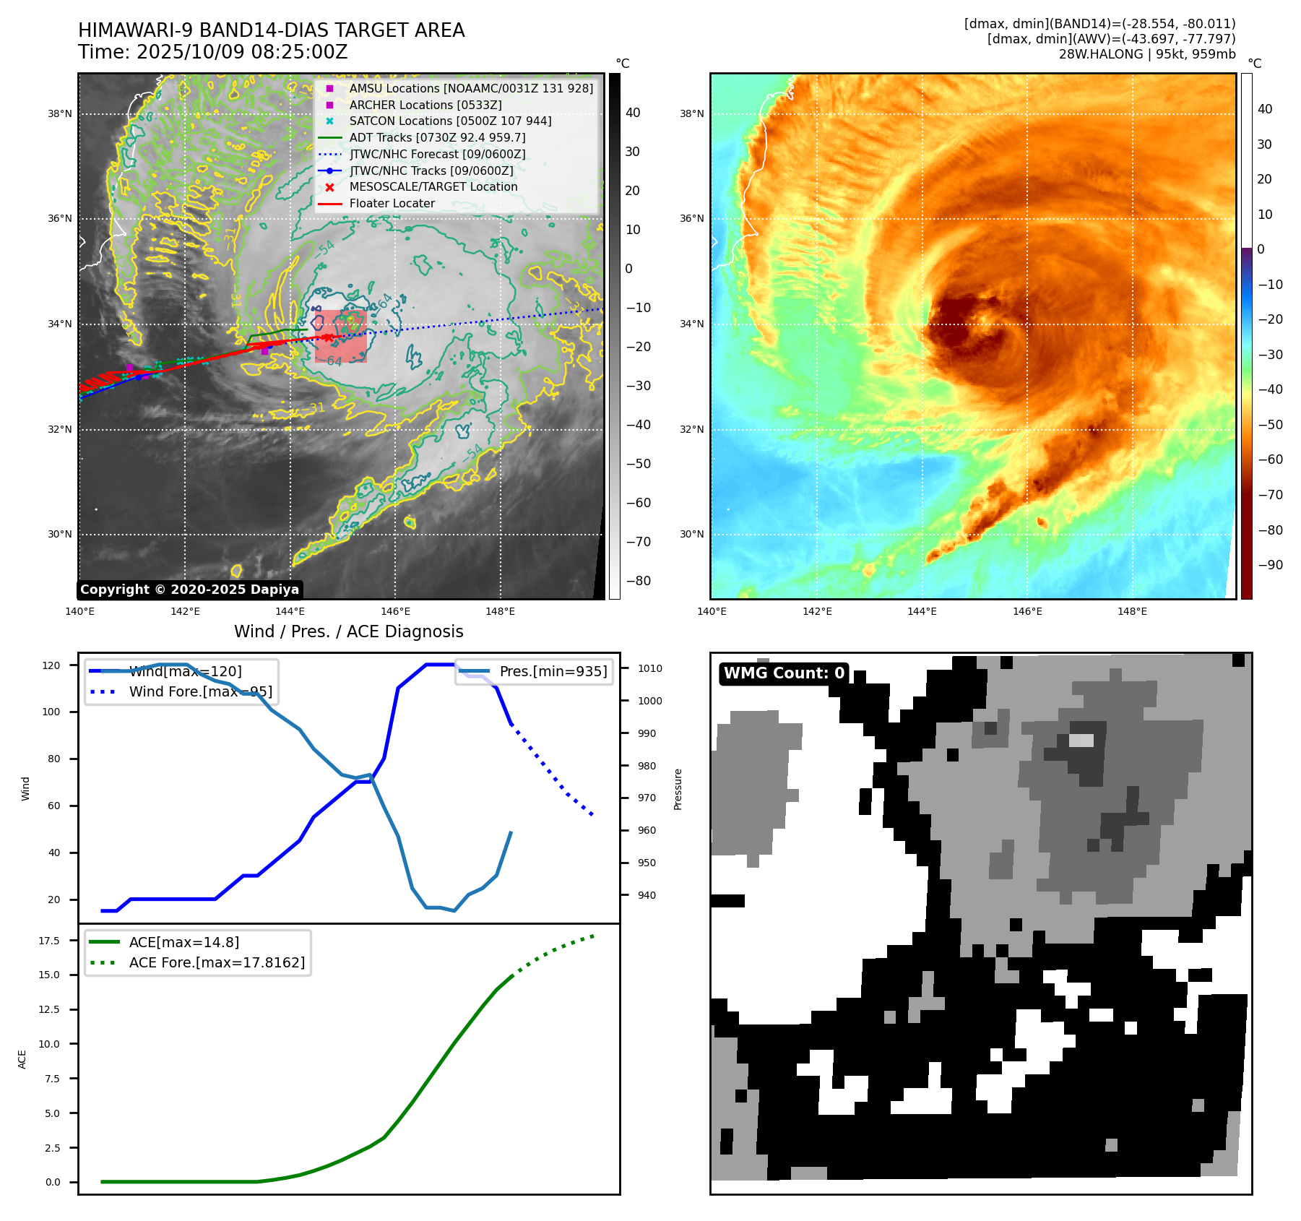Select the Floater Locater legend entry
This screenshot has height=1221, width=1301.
(x=392, y=204)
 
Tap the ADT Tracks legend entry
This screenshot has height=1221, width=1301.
(x=437, y=137)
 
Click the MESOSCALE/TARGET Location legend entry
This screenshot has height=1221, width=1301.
(x=433, y=187)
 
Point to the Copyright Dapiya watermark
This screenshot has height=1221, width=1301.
(x=189, y=590)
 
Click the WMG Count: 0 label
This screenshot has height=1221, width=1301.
(x=784, y=673)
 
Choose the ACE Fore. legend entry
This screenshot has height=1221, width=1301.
(x=216, y=963)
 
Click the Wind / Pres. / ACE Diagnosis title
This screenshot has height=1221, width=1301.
(x=349, y=631)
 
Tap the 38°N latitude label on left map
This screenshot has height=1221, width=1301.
(x=60, y=113)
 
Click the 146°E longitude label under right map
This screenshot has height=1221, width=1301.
(x=1027, y=611)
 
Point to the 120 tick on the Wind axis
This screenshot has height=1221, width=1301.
(x=51, y=665)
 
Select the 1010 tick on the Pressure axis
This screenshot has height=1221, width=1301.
(x=649, y=668)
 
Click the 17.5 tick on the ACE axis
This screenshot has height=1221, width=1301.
(x=49, y=941)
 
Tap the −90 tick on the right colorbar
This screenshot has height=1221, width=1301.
(x=1270, y=565)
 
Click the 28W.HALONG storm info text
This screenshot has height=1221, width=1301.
(x=1147, y=54)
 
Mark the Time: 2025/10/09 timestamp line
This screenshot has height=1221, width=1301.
(x=213, y=53)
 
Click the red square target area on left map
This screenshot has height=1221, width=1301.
(x=340, y=337)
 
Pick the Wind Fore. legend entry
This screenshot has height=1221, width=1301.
(x=200, y=692)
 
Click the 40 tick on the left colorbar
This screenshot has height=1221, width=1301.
(x=633, y=113)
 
